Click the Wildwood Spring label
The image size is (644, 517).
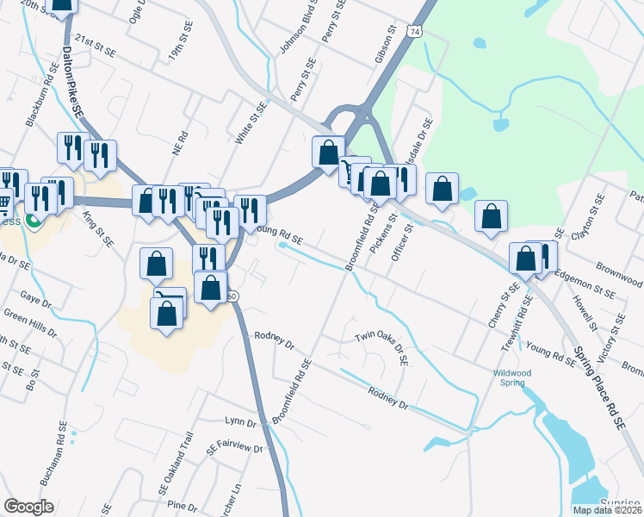(512, 377)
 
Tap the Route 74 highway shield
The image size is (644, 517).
(415, 32)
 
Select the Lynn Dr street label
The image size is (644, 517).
(240, 422)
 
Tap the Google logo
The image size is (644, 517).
(28, 507)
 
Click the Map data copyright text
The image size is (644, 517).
(607, 510)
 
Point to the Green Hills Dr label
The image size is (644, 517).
(28, 323)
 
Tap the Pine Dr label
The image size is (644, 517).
(183, 504)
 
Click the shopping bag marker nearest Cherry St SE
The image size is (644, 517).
(524, 258)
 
